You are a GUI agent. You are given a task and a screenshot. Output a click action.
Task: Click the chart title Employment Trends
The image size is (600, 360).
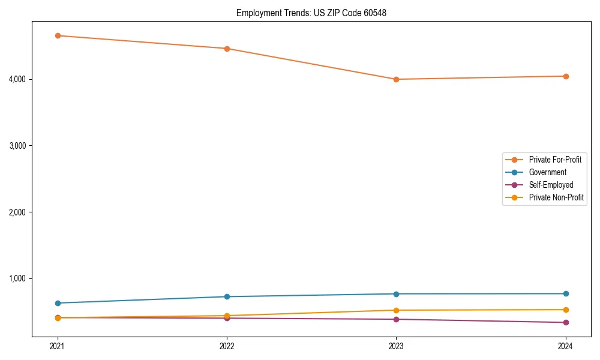[311, 13]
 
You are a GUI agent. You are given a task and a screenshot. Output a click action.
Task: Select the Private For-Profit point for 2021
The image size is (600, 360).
[58, 35]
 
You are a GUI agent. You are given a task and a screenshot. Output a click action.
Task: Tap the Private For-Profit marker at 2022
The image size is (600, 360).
[227, 49]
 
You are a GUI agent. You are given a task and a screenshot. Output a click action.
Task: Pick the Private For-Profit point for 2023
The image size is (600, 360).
[396, 79]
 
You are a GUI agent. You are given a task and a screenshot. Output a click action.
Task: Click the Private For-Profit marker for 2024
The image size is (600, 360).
[565, 76]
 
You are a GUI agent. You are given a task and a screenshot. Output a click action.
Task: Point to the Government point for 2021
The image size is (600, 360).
[58, 303]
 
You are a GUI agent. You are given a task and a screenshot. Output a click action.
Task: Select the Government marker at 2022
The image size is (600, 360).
[227, 296]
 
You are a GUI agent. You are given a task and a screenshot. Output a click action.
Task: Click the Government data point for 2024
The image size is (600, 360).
[565, 293]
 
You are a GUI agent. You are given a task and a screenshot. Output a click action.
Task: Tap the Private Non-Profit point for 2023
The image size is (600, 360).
[396, 310]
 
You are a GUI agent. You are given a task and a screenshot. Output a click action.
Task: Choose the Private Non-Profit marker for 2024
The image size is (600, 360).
[565, 310]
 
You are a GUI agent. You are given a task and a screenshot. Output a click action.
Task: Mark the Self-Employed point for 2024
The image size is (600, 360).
[565, 322]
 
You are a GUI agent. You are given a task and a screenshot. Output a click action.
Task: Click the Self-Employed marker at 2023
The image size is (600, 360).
[396, 319]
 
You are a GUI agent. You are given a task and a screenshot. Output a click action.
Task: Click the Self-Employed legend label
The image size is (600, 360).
[551, 185]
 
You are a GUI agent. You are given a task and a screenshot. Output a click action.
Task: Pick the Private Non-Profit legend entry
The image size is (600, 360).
[556, 197]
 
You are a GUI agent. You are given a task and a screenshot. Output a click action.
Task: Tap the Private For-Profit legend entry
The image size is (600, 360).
[555, 160]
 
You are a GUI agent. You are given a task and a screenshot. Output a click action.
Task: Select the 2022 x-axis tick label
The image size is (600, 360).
[227, 346]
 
